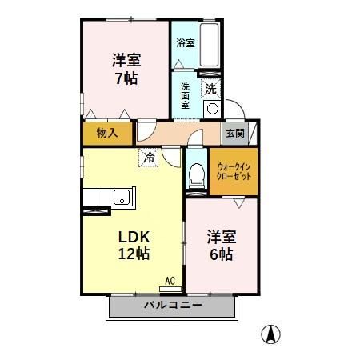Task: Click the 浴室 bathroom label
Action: [x=186, y=42]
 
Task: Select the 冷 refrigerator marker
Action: [x=149, y=158]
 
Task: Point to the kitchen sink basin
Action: [x=122, y=197]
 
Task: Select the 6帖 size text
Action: [x=222, y=255]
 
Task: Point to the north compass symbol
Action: [x=272, y=334]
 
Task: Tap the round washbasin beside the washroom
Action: [x=212, y=110]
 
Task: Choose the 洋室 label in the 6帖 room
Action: [x=222, y=237]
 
